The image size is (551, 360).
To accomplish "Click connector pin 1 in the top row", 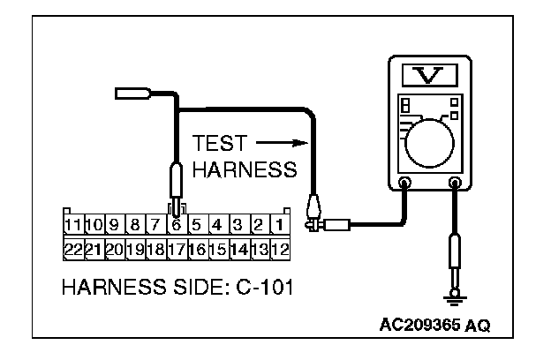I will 278,224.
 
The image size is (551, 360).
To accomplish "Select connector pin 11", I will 73,224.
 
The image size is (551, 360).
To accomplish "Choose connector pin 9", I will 114,224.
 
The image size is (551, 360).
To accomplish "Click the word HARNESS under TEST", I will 244,169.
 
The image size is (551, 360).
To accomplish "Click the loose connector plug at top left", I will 135,93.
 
